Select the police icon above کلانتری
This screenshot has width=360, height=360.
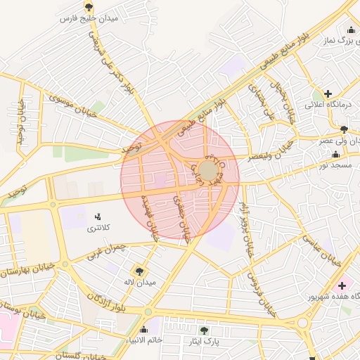[x=97, y=216]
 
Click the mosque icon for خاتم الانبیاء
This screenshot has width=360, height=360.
[x=144, y=329]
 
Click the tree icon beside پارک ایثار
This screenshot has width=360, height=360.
[x=204, y=329]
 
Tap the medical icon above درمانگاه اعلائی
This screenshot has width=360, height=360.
[x=328, y=93]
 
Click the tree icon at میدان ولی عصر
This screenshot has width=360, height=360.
[x=343, y=129]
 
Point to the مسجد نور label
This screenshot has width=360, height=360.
[x=334, y=165]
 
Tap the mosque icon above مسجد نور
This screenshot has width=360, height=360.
[x=336, y=154]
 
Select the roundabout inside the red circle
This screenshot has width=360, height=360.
[x=208, y=171]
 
